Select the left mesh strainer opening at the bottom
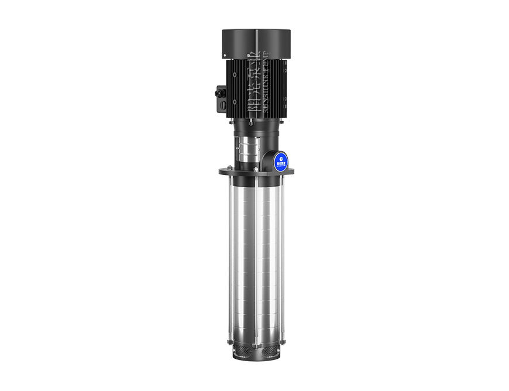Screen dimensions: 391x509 click(243, 351)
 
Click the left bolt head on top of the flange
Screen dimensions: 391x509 click(231, 167)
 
